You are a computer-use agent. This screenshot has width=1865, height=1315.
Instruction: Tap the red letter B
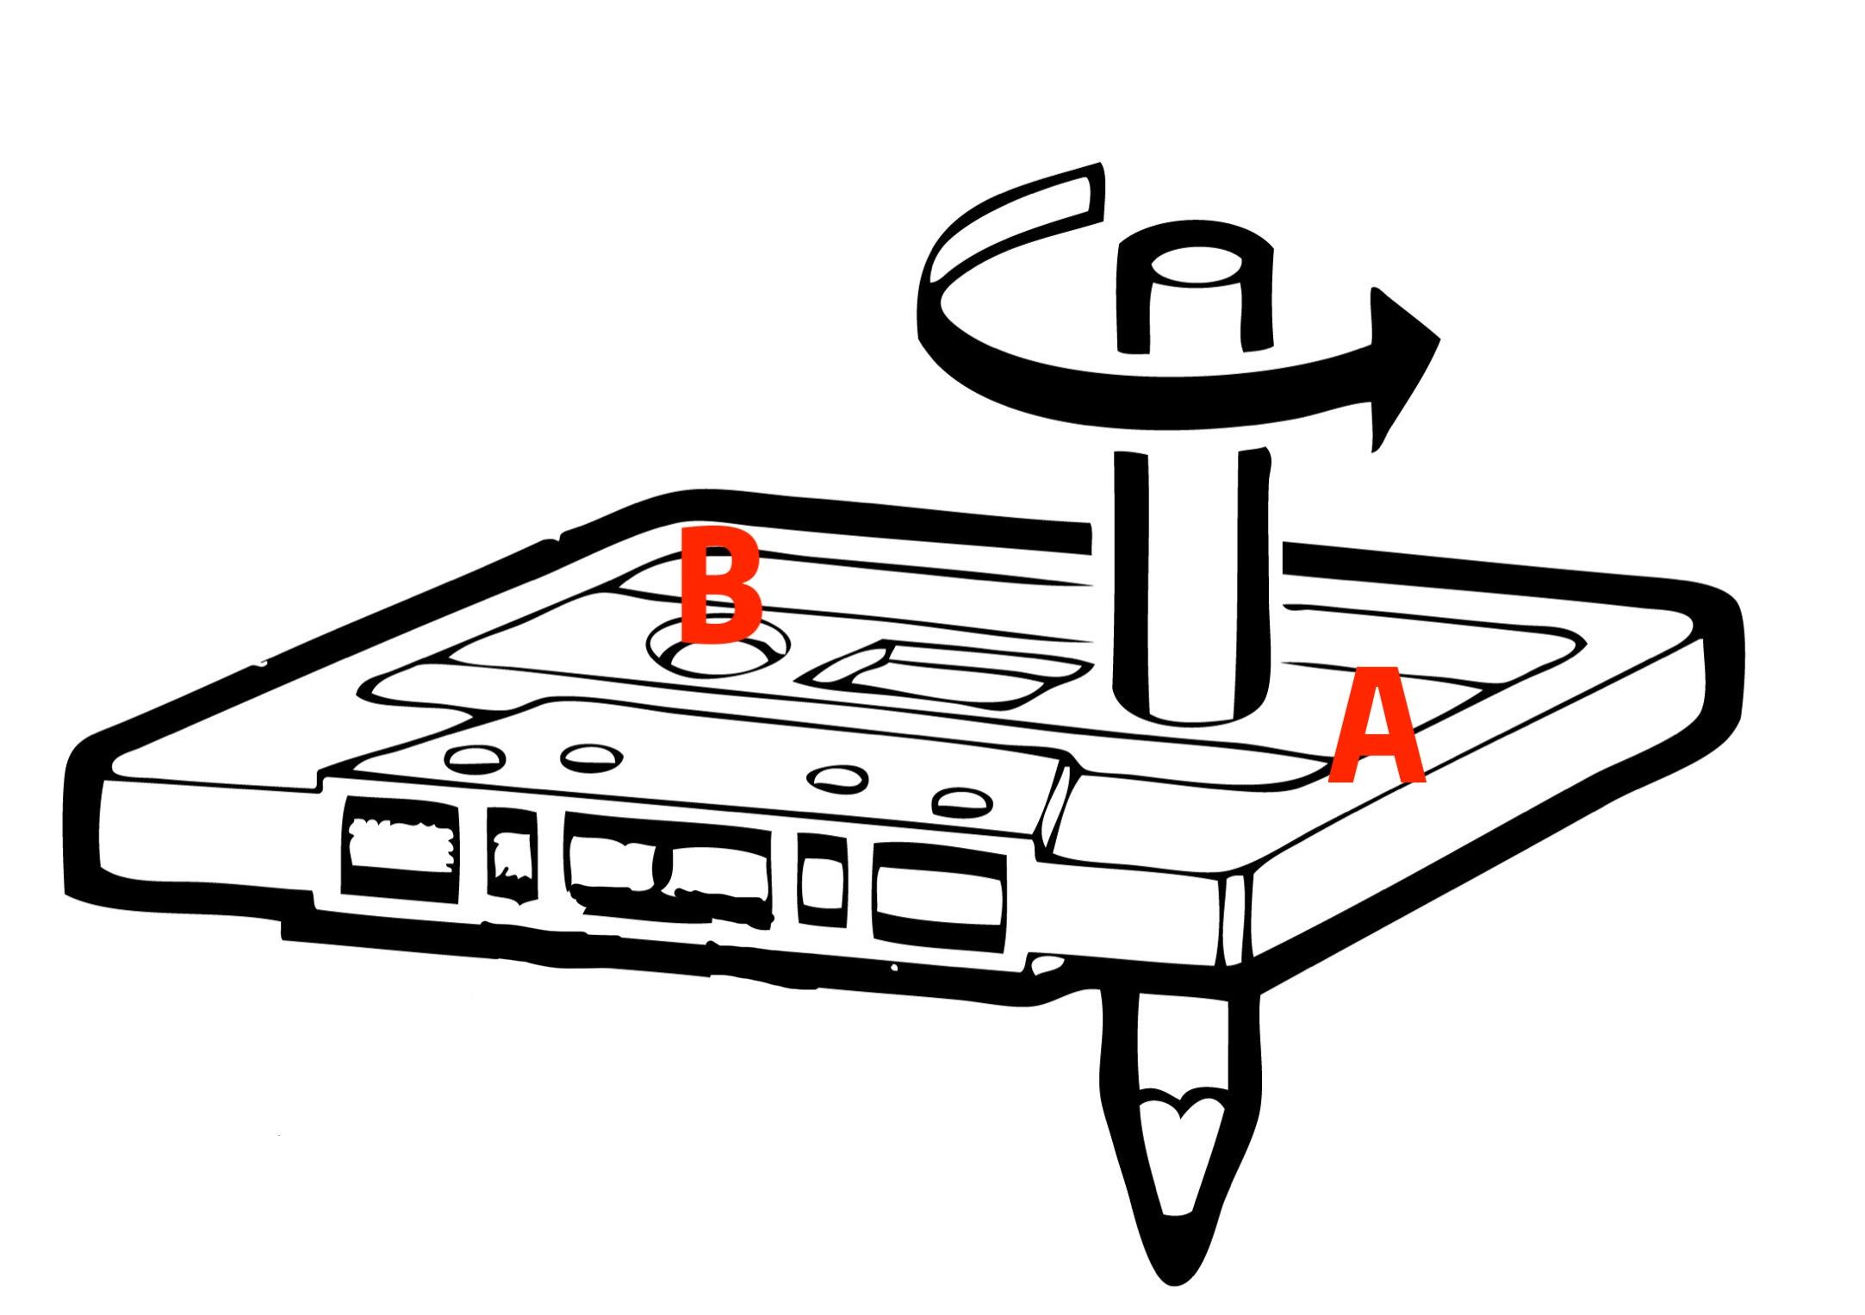pos(720,585)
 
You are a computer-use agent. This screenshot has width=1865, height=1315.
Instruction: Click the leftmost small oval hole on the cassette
pos(474,758)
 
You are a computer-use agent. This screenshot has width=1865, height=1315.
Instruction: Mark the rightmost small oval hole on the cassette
pos(963,802)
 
